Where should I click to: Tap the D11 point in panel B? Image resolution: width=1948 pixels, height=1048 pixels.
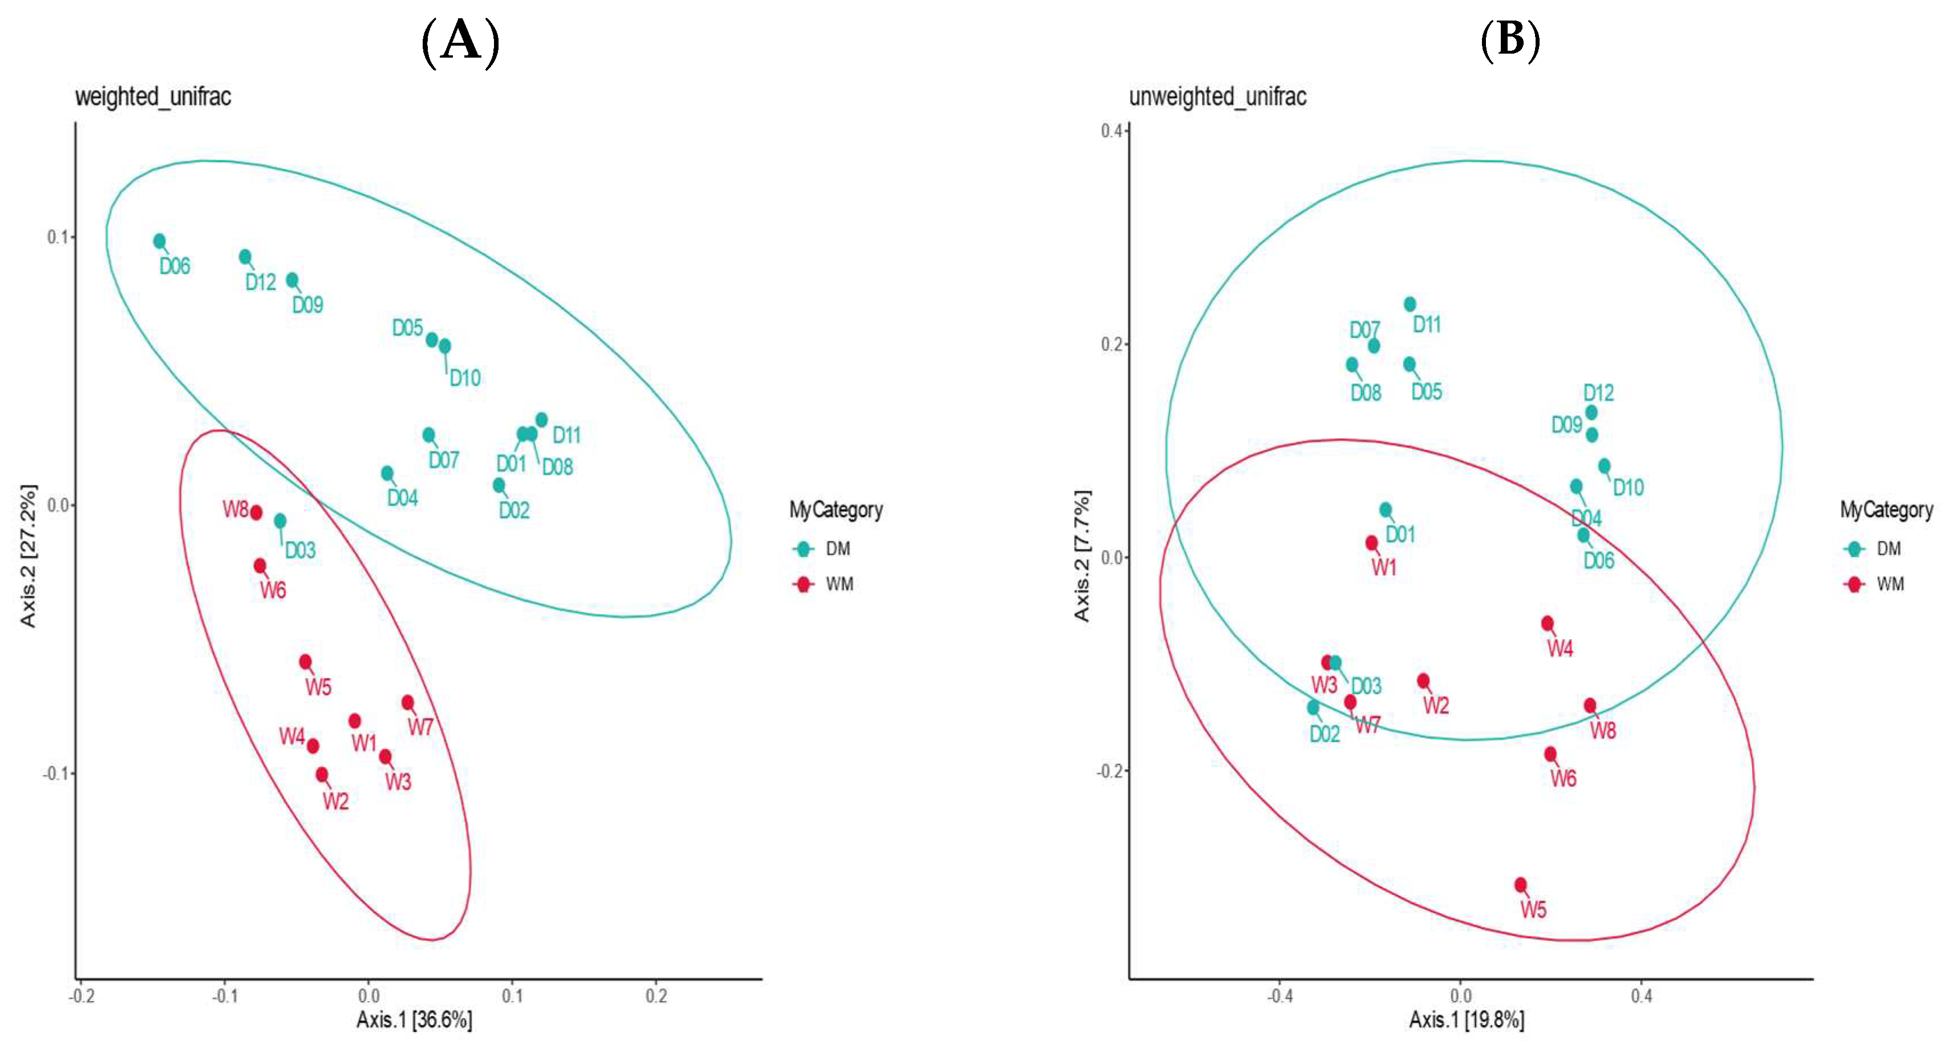(1410, 304)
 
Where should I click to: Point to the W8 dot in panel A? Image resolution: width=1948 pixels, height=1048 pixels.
(256, 513)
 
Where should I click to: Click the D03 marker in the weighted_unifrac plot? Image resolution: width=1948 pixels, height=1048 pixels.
(280, 521)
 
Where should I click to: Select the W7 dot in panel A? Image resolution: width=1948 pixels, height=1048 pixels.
(408, 702)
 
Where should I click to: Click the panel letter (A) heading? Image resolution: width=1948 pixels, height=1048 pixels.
(460, 42)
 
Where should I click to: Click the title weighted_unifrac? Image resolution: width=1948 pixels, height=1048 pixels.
(153, 97)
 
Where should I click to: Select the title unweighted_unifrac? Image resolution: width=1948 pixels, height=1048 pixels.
(1217, 97)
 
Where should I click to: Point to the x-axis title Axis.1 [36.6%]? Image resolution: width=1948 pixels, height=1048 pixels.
(414, 1020)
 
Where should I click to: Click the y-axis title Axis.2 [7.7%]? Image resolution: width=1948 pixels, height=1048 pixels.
(1082, 556)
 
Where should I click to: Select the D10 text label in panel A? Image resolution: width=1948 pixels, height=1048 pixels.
(465, 378)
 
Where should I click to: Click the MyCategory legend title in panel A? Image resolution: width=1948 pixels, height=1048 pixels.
(836, 509)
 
